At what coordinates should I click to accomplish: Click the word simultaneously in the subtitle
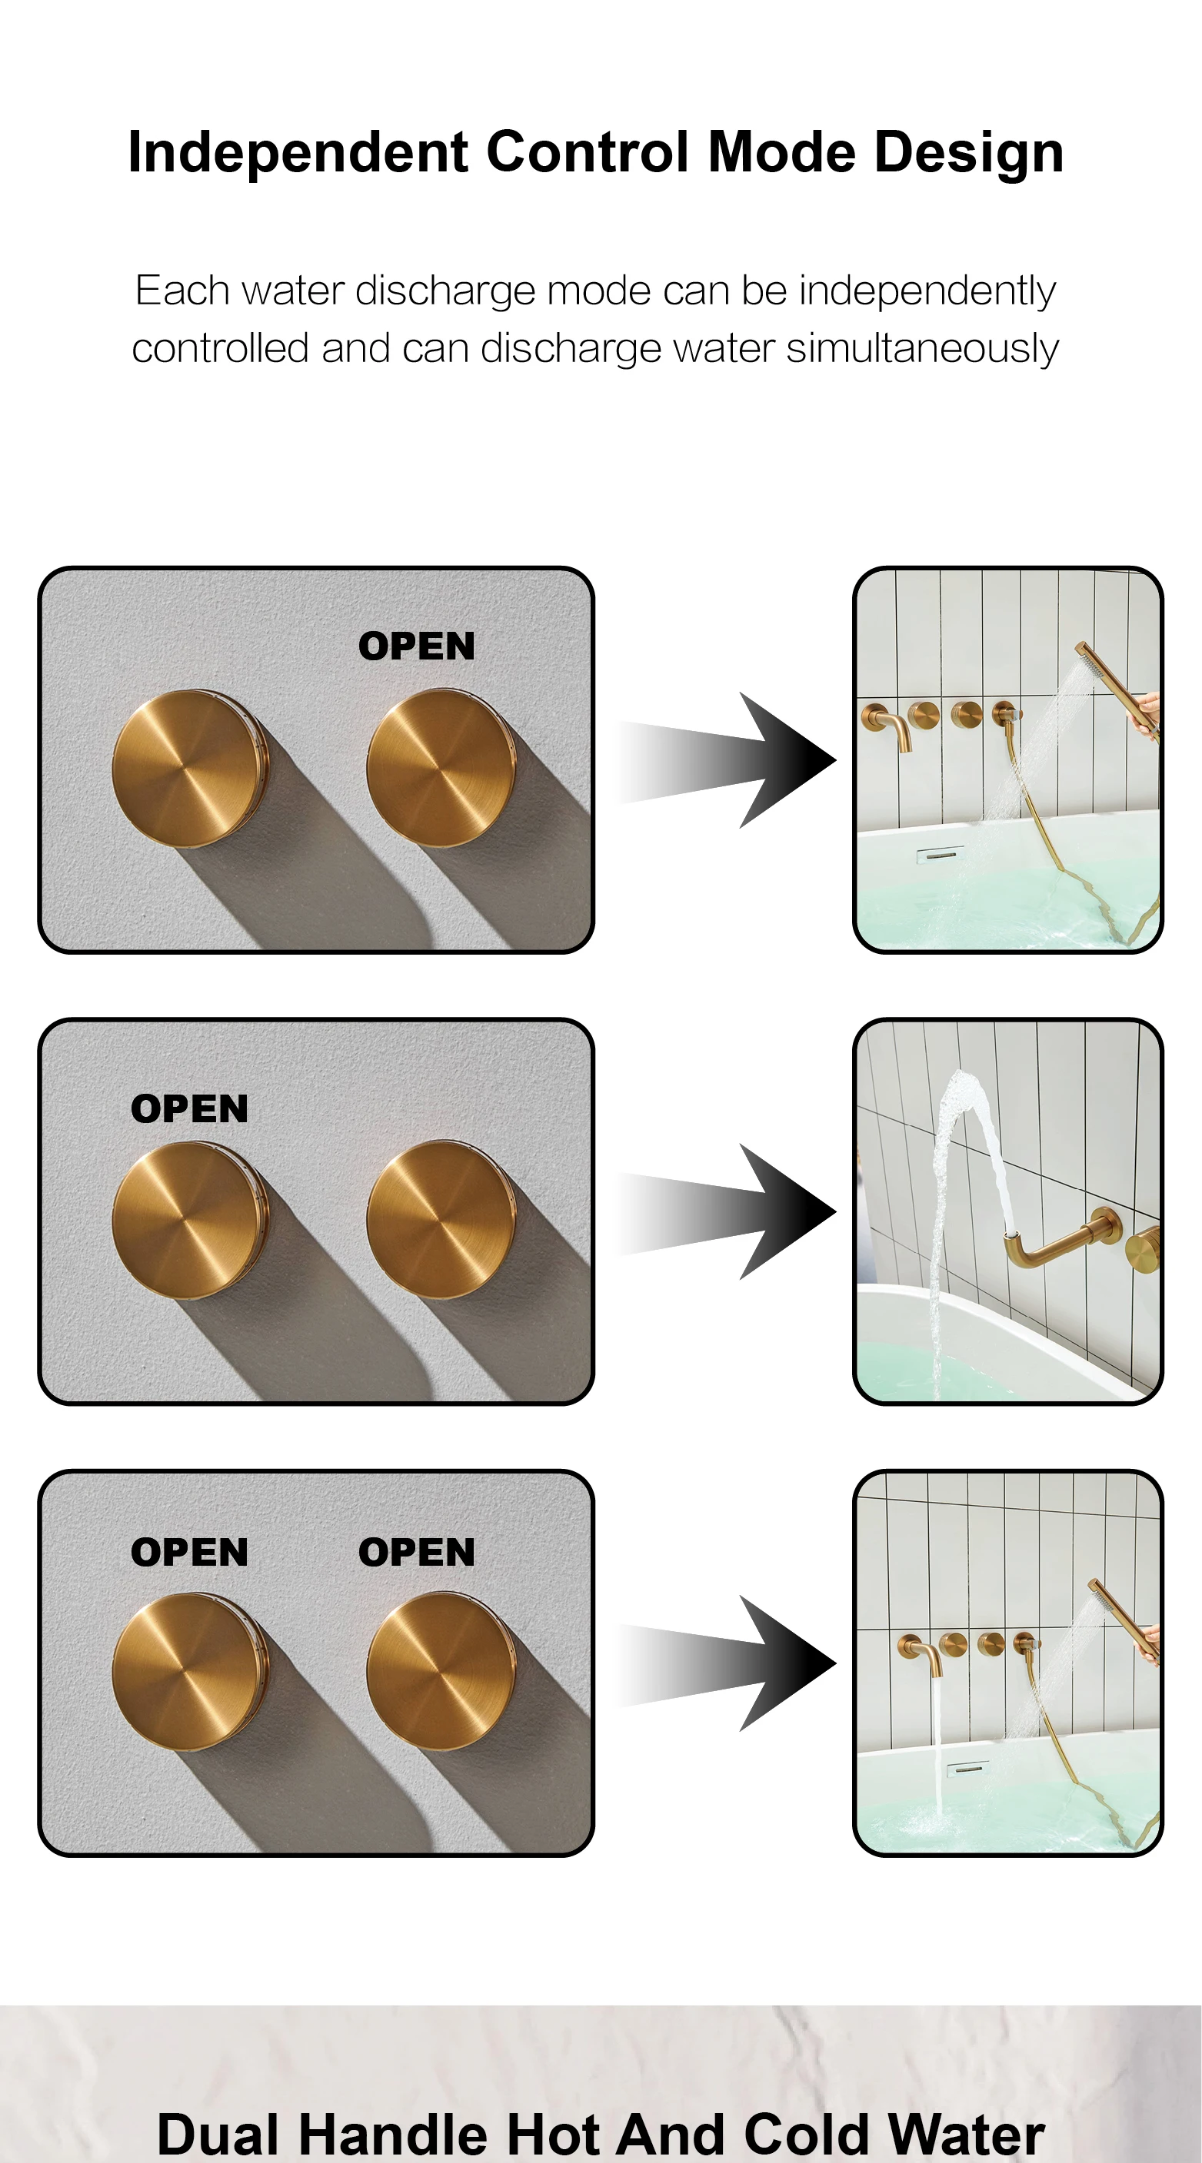921,347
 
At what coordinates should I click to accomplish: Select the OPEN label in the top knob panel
417,646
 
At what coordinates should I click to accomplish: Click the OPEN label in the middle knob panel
190,1109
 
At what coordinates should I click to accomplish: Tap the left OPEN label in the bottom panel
190,1553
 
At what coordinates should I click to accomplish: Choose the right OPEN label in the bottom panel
417,1553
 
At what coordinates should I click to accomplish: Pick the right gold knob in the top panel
441,769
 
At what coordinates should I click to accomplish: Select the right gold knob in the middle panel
441,1220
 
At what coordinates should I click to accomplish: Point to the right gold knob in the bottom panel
441,1672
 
